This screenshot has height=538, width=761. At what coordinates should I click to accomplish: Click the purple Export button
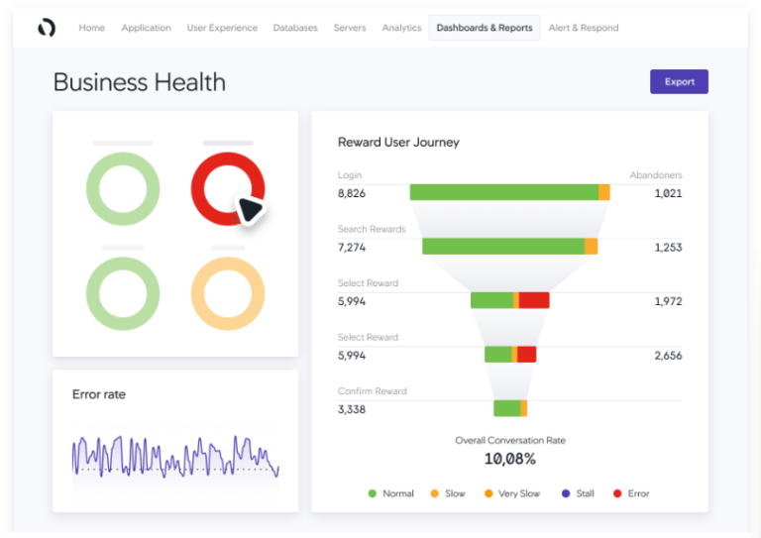(x=679, y=81)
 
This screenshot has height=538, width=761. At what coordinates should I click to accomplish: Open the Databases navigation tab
(x=295, y=28)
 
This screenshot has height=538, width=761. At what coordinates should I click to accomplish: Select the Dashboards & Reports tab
(x=485, y=28)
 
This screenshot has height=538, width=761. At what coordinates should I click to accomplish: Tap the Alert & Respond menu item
(x=584, y=28)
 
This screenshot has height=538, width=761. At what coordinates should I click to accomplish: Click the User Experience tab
(x=222, y=28)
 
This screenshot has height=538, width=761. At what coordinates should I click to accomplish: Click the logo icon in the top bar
(x=47, y=28)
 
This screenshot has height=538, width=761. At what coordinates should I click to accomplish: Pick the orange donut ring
(x=228, y=294)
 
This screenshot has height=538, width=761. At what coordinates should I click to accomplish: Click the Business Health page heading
(x=140, y=82)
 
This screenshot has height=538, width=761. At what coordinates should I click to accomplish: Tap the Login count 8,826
(x=352, y=193)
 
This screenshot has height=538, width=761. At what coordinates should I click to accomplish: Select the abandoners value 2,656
(x=668, y=355)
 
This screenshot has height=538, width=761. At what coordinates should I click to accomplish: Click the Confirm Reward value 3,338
(x=352, y=408)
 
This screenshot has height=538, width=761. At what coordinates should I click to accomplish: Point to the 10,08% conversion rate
(x=510, y=459)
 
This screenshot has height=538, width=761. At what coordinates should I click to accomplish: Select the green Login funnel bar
(x=503, y=192)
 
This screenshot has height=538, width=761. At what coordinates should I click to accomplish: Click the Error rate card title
(x=99, y=394)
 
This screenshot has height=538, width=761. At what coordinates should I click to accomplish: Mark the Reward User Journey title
(x=398, y=142)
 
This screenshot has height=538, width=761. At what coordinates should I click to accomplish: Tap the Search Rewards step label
(x=372, y=229)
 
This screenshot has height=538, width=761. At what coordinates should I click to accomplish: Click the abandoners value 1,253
(x=668, y=247)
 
